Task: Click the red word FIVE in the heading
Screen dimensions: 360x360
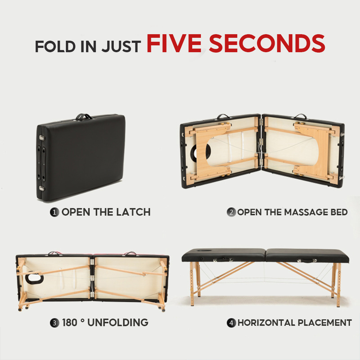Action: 174,43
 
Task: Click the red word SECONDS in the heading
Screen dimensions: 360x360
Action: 267,43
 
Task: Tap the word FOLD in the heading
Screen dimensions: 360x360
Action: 55,46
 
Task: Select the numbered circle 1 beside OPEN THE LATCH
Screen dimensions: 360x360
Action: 54,212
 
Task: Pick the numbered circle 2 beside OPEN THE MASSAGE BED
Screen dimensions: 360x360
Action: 231,212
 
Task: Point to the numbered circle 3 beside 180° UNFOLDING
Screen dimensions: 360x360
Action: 54,323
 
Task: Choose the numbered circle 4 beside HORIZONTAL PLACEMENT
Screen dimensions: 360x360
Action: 231,323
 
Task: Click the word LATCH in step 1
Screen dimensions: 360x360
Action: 133,212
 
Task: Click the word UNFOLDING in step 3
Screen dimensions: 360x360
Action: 118,323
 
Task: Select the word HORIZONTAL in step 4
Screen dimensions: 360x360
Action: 266,323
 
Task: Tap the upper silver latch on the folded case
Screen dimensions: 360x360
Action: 42,138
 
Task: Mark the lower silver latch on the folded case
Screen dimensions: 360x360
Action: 42,189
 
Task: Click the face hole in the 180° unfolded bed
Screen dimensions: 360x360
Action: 35,278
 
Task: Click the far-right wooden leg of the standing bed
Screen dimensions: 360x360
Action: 338,285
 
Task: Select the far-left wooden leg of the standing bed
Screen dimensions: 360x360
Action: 192,284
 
